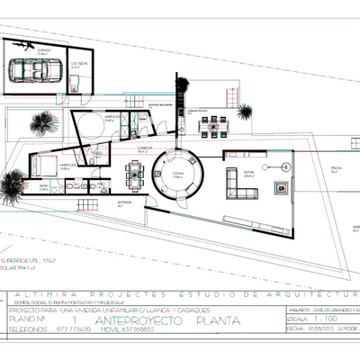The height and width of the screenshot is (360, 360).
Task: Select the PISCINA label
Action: [x=336, y=168]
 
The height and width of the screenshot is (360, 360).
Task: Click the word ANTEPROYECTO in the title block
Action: [x=131, y=319]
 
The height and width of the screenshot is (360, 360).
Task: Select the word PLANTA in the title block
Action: [x=199, y=319]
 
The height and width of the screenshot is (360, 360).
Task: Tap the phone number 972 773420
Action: [x=76, y=329]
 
